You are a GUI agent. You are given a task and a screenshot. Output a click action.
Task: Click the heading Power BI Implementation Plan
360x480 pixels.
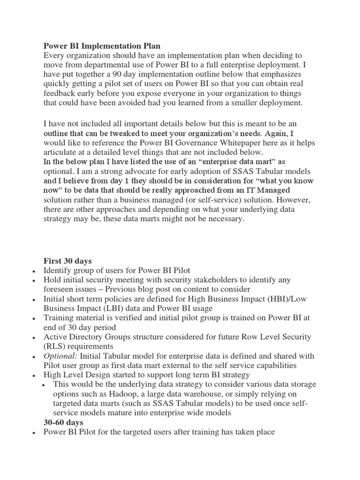[x=102, y=46]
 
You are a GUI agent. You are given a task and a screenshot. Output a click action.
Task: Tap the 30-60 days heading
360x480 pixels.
[x=63, y=422]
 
